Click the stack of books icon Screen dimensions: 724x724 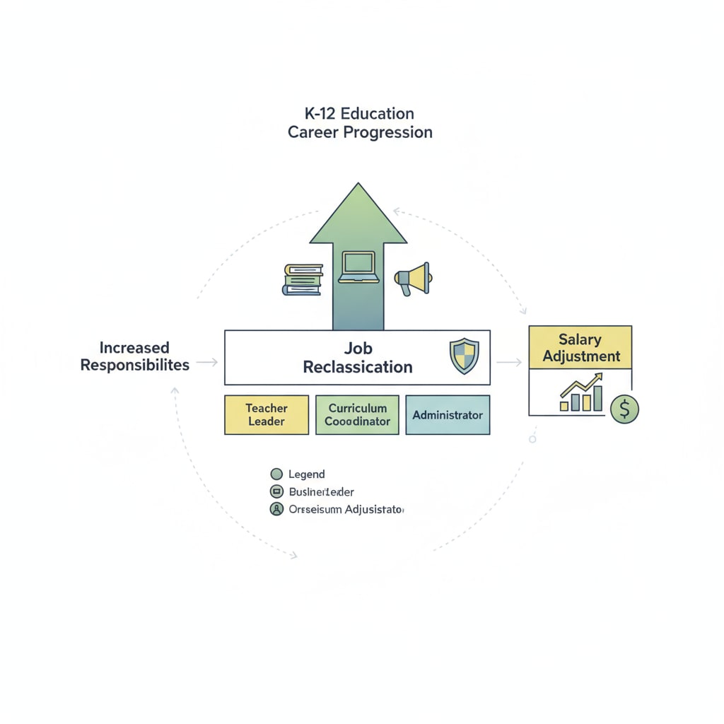click(x=303, y=279)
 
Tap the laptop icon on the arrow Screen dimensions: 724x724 click(x=359, y=268)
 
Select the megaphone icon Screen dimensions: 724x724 click(x=413, y=279)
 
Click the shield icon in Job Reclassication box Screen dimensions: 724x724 click(x=464, y=356)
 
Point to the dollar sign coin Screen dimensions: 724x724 click(x=624, y=409)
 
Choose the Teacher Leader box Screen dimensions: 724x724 click(x=267, y=414)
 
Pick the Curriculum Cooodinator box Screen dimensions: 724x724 click(x=357, y=414)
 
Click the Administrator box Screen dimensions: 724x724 click(x=448, y=414)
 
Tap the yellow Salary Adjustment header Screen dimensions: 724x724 click(x=580, y=347)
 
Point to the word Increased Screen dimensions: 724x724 click(x=134, y=347)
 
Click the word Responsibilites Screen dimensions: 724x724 click(x=134, y=366)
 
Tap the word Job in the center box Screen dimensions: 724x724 click(x=358, y=348)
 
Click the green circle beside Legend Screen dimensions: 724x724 click(x=276, y=474)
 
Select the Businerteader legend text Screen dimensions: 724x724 click(x=322, y=491)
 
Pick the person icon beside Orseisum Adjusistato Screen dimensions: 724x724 click(x=276, y=509)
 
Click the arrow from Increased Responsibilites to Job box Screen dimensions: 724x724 click(x=206, y=363)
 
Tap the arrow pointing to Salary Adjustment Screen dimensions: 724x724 click(x=509, y=363)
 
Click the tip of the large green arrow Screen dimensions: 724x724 click(x=358, y=185)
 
